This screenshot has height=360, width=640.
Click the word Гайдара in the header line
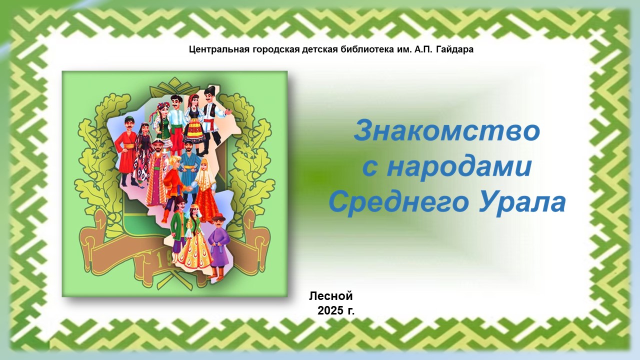coord(455,49)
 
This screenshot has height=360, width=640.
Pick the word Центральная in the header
coord(219,49)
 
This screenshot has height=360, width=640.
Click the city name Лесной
coord(331,296)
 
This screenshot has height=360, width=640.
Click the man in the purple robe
coord(218,245)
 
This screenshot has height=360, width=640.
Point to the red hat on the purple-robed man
coord(219,217)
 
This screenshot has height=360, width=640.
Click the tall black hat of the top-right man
coord(211,90)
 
